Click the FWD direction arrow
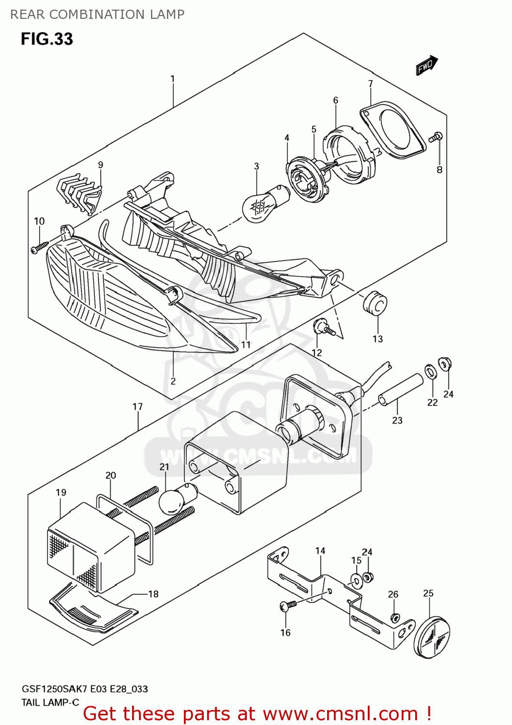pyautogui.click(x=427, y=65)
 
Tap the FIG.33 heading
pyautogui.click(x=46, y=39)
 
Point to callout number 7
pyautogui.click(x=370, y=84)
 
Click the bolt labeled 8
pyautogui.click(x=436, y=137)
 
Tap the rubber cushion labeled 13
pyautogui.click(x=375, y=303)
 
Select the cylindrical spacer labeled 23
pyautogui.click(x=400, y=390)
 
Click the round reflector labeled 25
pyautogui.click(x=432, y=636)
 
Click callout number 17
pyautogui.click(x=137, y=406)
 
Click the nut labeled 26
pyautogui.click(x=395, y=618)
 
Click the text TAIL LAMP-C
pyautogui.click(x=50, y=702)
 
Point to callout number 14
pyautogui.click(x=320, y=551)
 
